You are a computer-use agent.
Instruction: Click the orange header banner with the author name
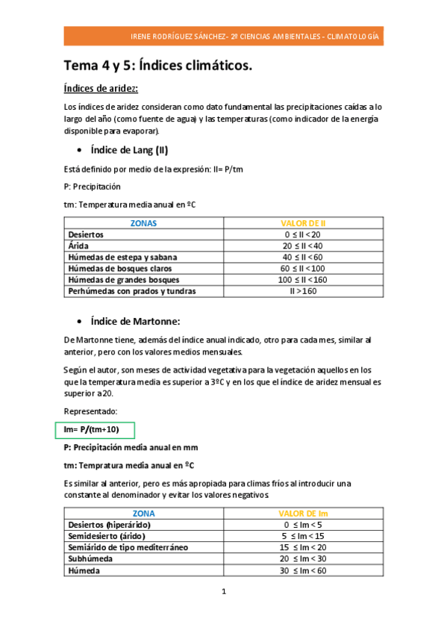coord(223,37)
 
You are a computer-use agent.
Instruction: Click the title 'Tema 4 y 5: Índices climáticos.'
coord(158,66)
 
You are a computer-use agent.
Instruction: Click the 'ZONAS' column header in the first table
coord(143,222)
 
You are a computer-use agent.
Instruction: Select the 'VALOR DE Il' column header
coord(302,222)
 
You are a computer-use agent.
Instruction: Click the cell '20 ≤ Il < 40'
coord(302,246)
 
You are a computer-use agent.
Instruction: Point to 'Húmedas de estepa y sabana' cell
coord(122,257)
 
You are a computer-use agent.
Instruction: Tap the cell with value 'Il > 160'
coord(302,291)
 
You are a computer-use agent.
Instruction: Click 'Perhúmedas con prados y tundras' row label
coord(132,291)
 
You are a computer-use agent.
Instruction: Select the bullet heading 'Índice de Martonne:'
coord(135,322)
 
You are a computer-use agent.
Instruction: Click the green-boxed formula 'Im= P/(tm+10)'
coord(93,429)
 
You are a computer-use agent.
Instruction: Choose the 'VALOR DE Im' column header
coord(302,514)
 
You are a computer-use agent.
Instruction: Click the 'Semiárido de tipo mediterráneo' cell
coord(128,547)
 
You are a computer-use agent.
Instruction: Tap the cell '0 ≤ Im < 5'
coord(302,525)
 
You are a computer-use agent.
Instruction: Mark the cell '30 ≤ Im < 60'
coord(302,570)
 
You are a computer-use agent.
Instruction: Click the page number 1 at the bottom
coord(223,592)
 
